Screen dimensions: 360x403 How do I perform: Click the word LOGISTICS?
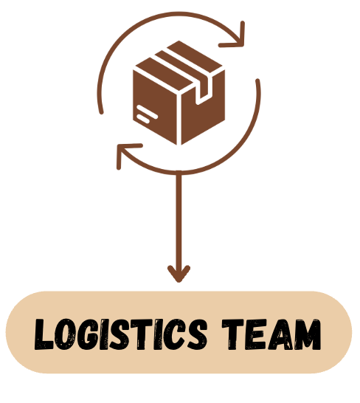(121, 334)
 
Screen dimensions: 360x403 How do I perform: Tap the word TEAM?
(271, 334)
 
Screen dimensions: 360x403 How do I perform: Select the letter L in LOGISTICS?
(44, 334)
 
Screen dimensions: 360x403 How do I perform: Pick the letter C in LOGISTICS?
(173, 334)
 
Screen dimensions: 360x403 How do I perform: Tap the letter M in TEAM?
(307, 334)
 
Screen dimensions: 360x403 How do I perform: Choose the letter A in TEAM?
(280, 334)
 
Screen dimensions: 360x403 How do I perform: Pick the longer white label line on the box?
(148, 111)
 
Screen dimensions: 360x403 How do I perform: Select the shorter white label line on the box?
(144, 119)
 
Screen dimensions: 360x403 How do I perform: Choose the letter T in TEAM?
(233, 334)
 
